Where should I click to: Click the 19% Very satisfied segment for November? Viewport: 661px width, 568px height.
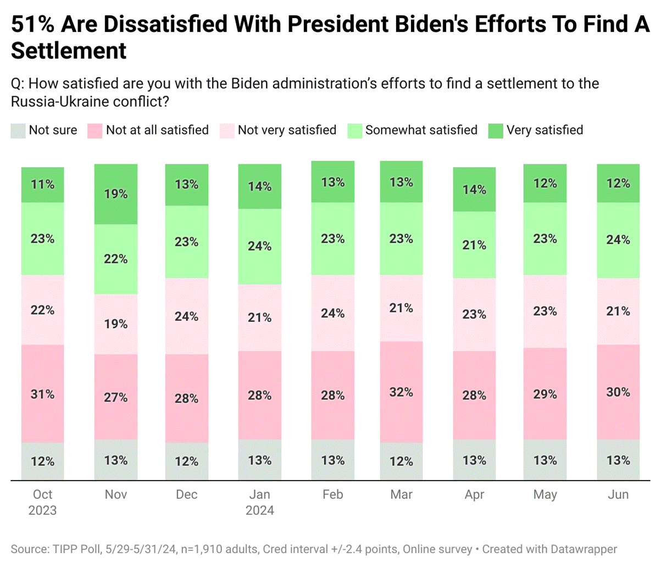coord(116,194)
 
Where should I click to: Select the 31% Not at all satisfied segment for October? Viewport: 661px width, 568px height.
coord(43,393)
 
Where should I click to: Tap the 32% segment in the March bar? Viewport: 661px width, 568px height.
coord(401,392)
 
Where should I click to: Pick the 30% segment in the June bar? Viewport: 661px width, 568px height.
coord(618,392)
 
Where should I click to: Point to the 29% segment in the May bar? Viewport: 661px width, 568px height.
coord(545,393)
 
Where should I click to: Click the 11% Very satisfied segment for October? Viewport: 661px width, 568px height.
coord(43,185)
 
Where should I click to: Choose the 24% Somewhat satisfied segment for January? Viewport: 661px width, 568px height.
coord(259,246)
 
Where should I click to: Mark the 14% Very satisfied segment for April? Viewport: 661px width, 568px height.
coord(474,190)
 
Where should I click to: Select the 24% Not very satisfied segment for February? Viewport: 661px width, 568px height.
coord(333,313)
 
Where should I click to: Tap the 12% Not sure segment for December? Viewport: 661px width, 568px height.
coord(187,461)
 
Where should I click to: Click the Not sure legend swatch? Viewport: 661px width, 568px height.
coord(18,131)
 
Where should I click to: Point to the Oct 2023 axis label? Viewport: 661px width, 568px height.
coord(43,502)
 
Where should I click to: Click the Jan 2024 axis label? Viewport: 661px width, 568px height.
coord(259,502)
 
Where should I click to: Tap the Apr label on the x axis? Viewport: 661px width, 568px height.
coord(474,494)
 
